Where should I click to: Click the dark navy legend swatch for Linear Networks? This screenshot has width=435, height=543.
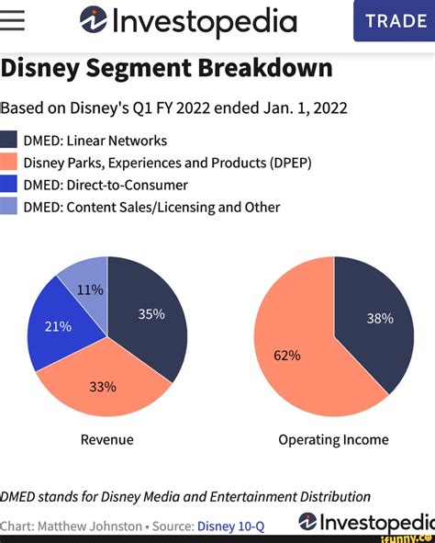pyautogui.click(x=9, y=141)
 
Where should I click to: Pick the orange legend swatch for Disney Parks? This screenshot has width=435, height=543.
pyautogui.click(x=9, y=163)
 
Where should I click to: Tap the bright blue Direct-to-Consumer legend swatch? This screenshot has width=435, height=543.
pyautogui.click(x=9, y=185)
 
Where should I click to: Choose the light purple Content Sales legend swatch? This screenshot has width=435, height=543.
pyautogui.click(x=9, y=207)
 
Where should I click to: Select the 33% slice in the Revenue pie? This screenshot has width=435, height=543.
pyautogui.click(x=103, y=386)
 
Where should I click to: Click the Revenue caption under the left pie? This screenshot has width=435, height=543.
pyautogui.click(x=107, y=439)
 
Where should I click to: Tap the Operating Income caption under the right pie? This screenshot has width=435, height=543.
pyautogui.click(x=333, y=439)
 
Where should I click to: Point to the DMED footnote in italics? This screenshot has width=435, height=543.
pyautogui.click(x=184, y=497)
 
